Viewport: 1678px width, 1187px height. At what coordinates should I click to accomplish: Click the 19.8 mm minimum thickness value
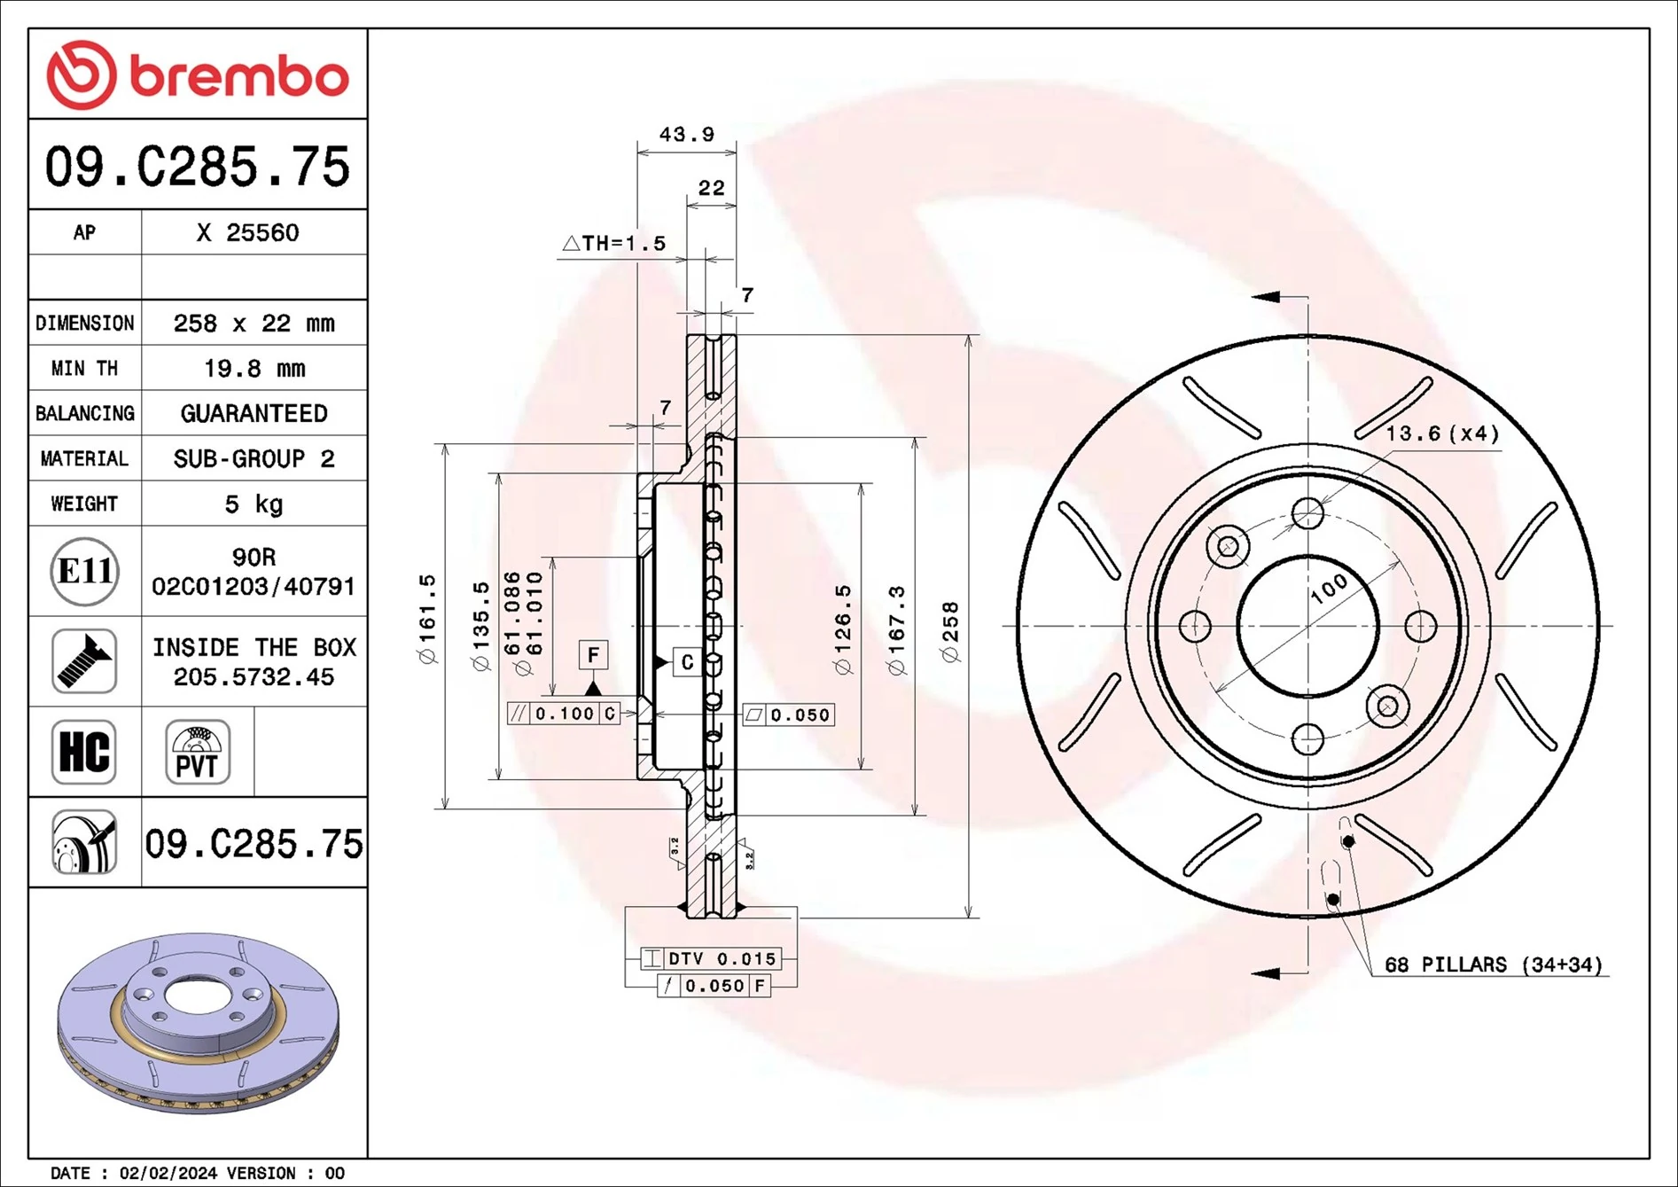click(254, 368)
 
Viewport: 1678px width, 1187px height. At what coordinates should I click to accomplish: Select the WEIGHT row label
click(84, 504)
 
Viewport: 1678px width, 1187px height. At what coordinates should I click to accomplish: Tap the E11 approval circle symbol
click(84, 571)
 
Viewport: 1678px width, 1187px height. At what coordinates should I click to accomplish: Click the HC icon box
click(84, 752)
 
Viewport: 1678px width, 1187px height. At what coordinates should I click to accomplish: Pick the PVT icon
click(197, 752)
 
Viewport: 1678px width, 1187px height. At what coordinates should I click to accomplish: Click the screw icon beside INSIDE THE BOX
click(84, 661)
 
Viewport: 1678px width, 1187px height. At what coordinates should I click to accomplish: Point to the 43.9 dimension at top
click(686, 135)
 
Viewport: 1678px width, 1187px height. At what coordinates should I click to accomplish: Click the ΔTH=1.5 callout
click(614, 243)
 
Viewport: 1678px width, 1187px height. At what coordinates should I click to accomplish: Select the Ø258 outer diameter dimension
click(950, 631)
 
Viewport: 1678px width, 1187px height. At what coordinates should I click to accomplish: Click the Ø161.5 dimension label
click(427, 618)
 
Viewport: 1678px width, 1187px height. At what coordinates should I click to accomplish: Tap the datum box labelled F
click(593, 655)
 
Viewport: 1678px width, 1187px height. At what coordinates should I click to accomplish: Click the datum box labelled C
click(687, 662)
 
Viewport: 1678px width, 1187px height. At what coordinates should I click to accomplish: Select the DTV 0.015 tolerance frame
click(711, 958)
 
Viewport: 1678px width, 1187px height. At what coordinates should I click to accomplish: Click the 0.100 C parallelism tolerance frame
click(564, 714)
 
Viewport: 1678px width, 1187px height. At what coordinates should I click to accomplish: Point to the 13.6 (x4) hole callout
click(1441, 433)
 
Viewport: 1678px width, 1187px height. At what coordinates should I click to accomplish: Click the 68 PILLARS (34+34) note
click(1494, 964)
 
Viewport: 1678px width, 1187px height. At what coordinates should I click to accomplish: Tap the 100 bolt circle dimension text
click(1329, 589)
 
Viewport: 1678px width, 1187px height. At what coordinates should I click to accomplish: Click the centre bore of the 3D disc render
click(194, 993)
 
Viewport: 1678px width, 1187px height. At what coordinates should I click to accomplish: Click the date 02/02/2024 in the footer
click(168, 1173)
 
